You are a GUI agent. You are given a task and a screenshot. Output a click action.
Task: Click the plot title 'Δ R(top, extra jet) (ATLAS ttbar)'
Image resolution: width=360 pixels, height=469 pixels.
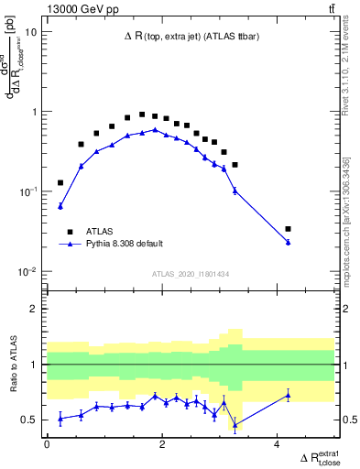tap(190, 38)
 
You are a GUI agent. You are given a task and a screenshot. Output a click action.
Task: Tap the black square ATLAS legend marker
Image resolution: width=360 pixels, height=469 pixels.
tap(68, 231)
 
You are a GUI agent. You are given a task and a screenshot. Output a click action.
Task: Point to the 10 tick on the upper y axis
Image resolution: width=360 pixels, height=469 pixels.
tap(32, 31)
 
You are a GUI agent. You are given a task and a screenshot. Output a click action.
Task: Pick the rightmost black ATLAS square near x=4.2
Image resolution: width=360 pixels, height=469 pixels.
tap(289, 229)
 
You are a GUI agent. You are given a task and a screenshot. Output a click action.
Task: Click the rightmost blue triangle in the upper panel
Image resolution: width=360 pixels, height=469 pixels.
tap(289, 242)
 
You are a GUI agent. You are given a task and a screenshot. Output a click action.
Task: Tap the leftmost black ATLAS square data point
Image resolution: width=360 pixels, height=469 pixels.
tap(60, 183)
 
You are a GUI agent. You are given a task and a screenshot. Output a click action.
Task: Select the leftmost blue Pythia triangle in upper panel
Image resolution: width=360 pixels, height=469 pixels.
tap(60, 206)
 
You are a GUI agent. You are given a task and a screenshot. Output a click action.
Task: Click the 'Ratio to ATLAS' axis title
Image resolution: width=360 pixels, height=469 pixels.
tap(13, 364)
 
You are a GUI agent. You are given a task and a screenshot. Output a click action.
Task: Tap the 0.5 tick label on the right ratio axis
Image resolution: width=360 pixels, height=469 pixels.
tap(349, 420)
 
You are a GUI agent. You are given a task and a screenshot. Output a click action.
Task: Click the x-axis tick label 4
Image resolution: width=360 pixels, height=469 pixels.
tap(278, 444)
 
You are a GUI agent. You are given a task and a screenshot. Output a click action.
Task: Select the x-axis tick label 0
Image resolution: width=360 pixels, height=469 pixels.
tap(47, 444)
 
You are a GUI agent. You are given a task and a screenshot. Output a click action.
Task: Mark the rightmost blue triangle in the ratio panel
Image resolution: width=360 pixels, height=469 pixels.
tap(289, 395)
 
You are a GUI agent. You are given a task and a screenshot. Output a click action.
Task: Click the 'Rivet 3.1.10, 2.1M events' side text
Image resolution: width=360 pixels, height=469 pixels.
tap(352, 55)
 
